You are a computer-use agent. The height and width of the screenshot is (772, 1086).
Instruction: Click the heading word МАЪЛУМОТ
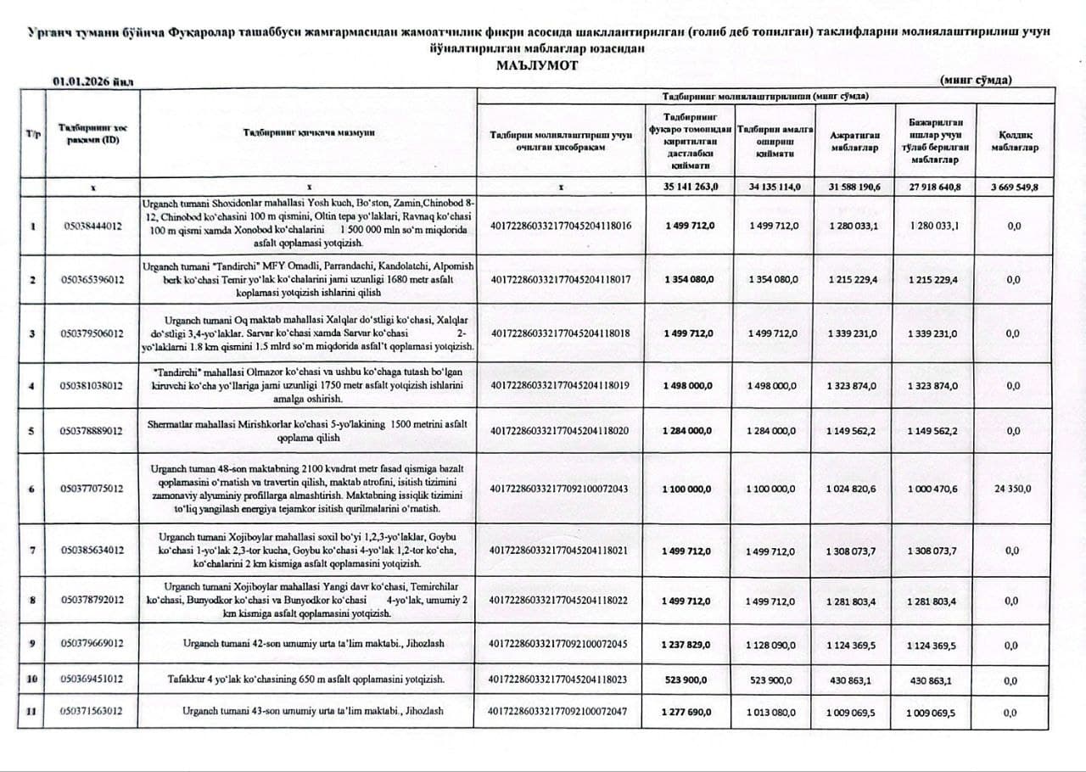[x=537, y=65]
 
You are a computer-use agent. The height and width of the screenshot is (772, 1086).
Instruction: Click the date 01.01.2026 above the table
[x=92, y=81]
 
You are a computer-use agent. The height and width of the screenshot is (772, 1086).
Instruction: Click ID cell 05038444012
[x=93, y=227]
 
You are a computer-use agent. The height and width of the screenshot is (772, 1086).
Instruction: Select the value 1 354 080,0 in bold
[x=688, y=279]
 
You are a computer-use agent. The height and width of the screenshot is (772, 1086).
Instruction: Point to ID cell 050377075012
[x=93, y=489]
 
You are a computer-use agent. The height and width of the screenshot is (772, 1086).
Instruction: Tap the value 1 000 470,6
[x=933, y=489]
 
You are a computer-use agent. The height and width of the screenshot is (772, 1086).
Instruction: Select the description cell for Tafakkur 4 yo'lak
[x=308, y=680]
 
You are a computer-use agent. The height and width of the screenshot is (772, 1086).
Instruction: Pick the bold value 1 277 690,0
[x=688, y=712]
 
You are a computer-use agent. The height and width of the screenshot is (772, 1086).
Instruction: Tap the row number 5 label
[x=31, y=431]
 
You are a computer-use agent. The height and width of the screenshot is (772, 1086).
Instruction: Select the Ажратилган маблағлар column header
[x=854, y=141]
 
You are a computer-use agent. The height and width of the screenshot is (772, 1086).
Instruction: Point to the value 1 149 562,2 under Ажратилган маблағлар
[x=854, y=431]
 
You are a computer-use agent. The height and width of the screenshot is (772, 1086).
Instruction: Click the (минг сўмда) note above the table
[x=976, y=81]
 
